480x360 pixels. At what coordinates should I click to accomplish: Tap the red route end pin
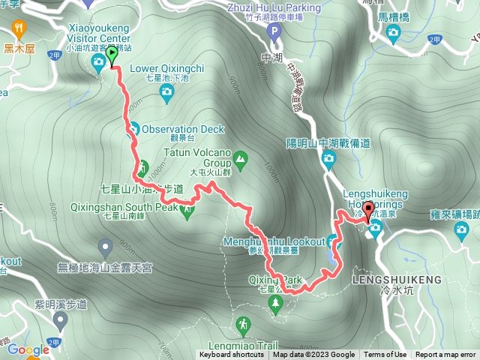[x=368, y=209]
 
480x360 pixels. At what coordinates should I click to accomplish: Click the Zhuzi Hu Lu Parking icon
[x=274, y=32]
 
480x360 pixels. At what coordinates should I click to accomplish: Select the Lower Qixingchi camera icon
[x=166, y=91]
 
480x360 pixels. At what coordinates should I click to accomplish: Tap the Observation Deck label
[x=182, y=129]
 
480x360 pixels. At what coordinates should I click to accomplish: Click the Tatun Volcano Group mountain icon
[x=240, y=158]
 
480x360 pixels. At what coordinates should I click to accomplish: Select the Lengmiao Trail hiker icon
[x=242, y=325]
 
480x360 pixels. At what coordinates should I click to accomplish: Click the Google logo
[x=28, y=349]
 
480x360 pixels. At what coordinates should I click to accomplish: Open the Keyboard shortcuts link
[x=232, y=355]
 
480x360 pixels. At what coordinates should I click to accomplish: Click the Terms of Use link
[x=385, y=355]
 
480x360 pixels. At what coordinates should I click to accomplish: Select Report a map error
[x=446, y=355]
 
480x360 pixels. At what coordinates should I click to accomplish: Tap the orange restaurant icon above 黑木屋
[x=19, y=30]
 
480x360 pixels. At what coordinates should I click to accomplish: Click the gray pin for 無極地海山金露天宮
[x=105, y=246]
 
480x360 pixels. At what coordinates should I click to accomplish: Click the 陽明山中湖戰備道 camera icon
[x=328, y=157]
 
